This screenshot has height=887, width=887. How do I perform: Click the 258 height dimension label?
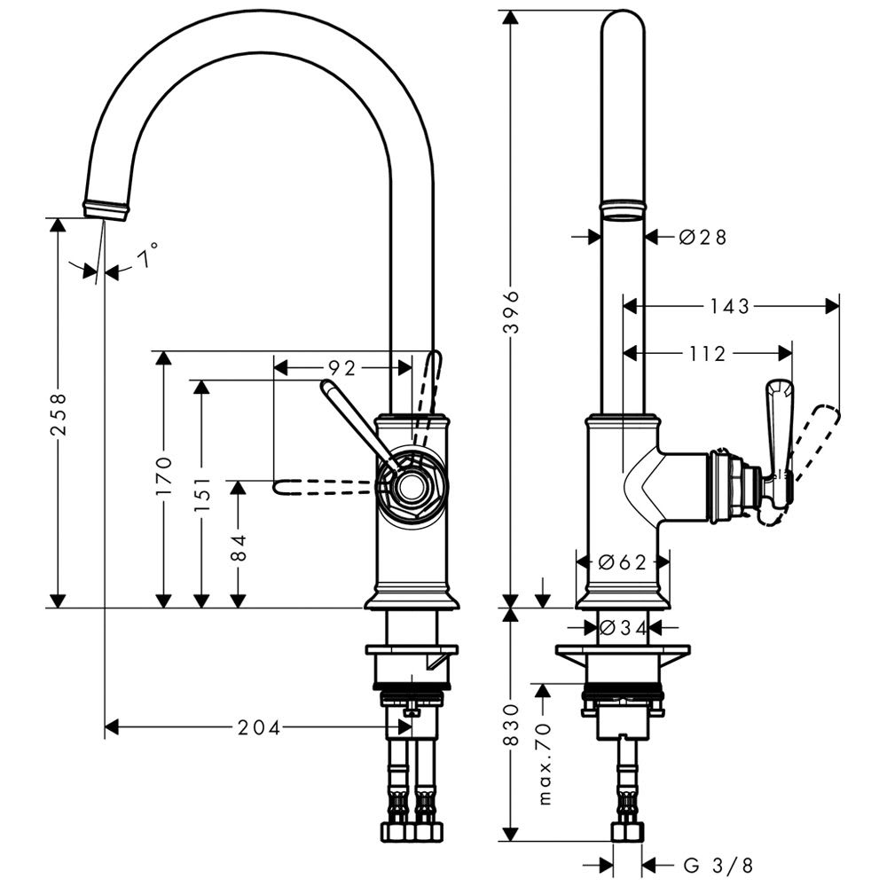[58, 414]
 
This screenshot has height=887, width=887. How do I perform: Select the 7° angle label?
[147, 258]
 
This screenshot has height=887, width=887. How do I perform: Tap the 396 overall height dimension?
[511, 311]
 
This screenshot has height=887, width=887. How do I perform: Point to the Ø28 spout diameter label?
[703, 237]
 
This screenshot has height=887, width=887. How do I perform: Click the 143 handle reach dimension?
[730, 306]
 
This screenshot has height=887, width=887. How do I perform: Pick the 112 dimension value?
[707, 354]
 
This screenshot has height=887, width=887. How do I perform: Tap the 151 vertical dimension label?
[202, 495]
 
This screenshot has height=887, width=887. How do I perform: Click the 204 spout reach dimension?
[259, 728]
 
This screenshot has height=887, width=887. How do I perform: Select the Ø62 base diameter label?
[621, 561]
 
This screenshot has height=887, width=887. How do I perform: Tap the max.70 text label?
[545, 762]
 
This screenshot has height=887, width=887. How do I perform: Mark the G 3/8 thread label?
[718, 864]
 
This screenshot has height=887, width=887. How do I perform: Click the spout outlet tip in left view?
[106, 210]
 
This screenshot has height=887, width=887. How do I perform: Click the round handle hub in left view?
[411, 485]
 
